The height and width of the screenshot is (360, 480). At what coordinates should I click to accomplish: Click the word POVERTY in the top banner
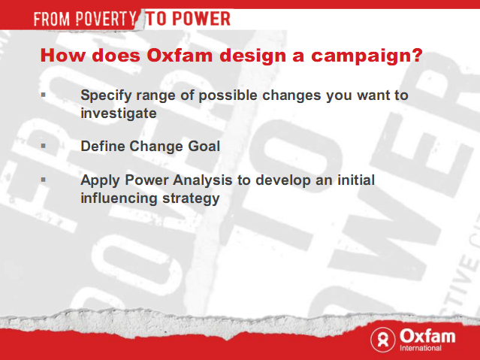(106, 19)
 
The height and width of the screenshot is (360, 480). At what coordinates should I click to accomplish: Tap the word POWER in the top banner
(201, 18)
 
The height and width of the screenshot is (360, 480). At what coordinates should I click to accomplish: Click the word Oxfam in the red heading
(180, 56)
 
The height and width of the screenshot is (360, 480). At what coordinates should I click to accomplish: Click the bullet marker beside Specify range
(43, 95)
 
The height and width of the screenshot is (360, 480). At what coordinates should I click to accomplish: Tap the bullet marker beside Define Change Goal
(43, 146)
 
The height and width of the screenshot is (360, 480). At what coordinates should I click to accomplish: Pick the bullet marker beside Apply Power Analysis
(43, 180)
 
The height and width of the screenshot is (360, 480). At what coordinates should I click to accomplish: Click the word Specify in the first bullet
(106, 96)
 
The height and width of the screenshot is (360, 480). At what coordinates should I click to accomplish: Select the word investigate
(119, 114)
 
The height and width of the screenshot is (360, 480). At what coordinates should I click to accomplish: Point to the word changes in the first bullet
(291, 96)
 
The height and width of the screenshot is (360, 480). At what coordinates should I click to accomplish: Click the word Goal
(204, 146)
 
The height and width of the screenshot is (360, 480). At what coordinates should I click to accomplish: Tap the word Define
(103, 146)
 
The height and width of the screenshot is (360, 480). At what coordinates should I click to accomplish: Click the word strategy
(191, 199)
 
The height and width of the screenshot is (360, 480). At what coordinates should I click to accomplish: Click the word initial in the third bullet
(356, 180)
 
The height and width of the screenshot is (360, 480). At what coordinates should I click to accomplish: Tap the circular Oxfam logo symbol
(383, 340)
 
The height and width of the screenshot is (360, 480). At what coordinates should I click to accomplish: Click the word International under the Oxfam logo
(421, 348)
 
